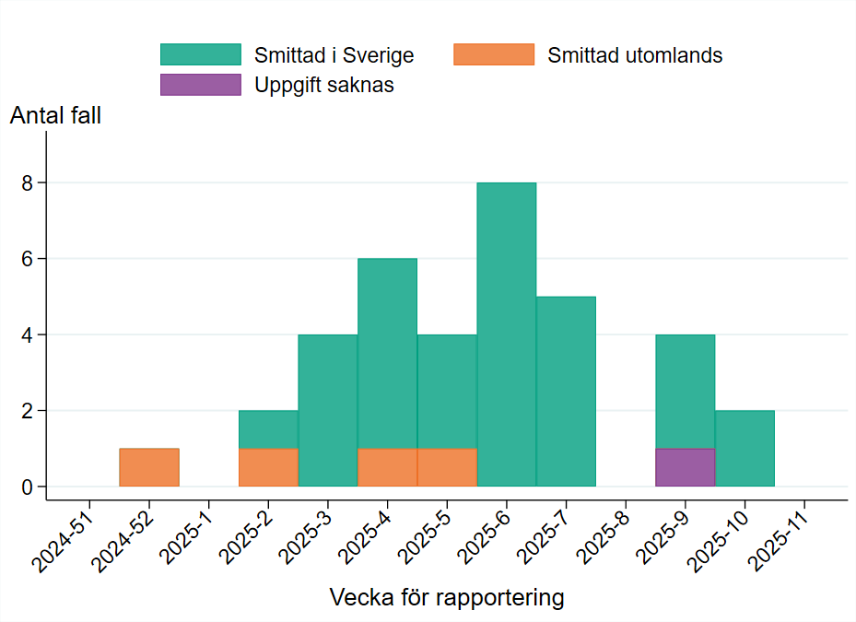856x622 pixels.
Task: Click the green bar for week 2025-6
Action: click(506, 334)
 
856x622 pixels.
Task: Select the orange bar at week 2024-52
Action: click(148, 467)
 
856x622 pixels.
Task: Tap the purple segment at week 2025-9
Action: click(685, 467)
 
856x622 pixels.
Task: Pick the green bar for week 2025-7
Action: click(566, 391)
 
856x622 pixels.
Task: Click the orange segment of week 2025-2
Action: click(268, 467)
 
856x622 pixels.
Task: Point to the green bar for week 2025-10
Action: click(745, 448)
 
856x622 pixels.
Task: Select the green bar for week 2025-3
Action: click(328, 410)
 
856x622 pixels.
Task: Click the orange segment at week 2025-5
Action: click(447, 467)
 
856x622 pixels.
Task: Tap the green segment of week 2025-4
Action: click(387, 353)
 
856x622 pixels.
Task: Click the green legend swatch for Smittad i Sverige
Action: click(200, 54)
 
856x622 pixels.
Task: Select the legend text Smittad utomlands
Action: click(635, 55)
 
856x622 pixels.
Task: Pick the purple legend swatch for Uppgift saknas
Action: click(200, 85)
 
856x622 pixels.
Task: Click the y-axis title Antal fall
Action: click(55, 116)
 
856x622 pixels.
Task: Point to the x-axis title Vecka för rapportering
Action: click(446, 597)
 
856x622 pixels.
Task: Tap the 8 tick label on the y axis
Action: click(28, 183)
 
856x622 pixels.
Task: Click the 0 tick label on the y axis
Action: click(28, 487)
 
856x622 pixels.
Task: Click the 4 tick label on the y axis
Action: click(28, 334)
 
